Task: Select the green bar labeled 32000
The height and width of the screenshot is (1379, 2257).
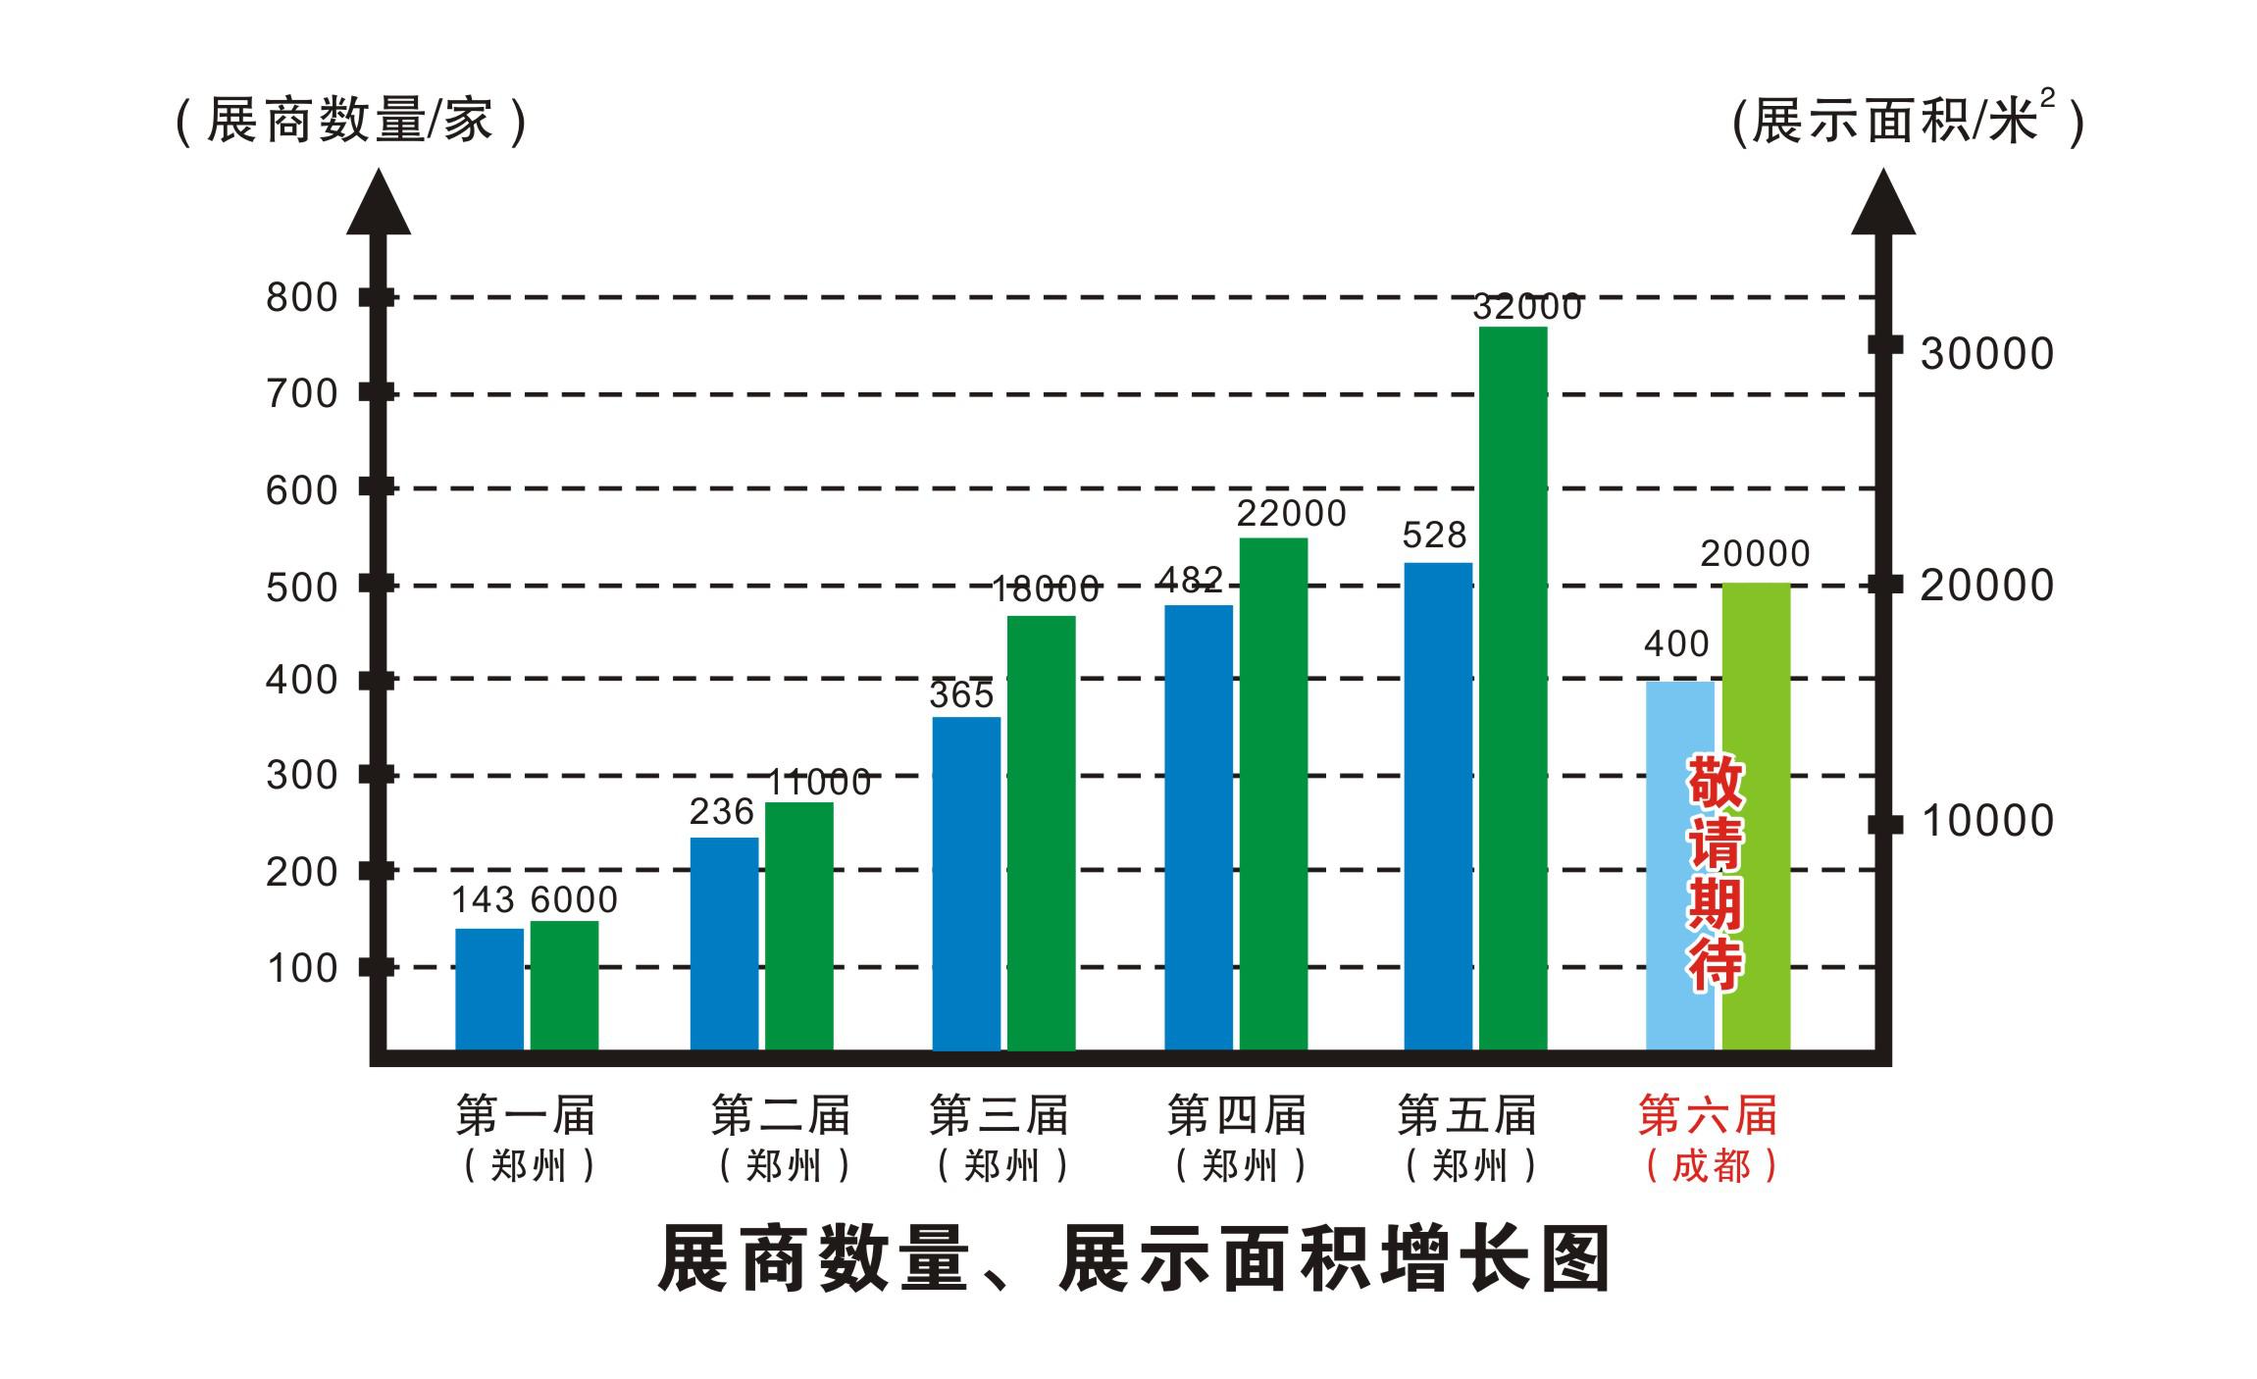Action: pyautogui.click(x=1513, y=687)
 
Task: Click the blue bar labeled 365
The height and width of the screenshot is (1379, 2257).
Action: pyautogui.click(x=966, y=883)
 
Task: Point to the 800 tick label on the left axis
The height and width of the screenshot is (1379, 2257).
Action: pyautogui.click(x=301, y=297)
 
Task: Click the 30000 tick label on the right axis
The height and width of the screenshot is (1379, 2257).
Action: pyautogui.click(x=1986, y=354)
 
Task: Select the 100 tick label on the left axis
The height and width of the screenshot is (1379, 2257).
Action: pyautogui.click(x=301, y=968)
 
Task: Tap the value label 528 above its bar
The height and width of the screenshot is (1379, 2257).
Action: pyautogui.click(x=1434, y=536)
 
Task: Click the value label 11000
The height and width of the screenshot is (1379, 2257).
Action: pyautogui.click(x=818, y=783)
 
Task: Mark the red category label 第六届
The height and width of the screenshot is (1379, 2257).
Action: pyautogui.click(x=1708, y=1116)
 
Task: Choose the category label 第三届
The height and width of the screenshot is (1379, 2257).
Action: pyautogui.click(x=999, y=1116)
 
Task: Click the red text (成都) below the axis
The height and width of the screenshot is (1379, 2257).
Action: pyautogui.click(x=1711, y=1166)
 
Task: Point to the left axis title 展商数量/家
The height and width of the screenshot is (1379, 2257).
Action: pyautogui.click(x=350, y=122)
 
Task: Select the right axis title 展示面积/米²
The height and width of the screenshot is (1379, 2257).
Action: pyautogui.click(x=1908, y=122)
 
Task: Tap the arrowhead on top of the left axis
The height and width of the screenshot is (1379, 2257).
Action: pyautogui.click(x=379, y=204)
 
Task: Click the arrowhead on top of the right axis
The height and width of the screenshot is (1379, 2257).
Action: pyautogui.click(x=1882, y=204)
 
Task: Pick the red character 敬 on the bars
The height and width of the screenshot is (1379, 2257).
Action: pyautogui.click(x=1715, y=783)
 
